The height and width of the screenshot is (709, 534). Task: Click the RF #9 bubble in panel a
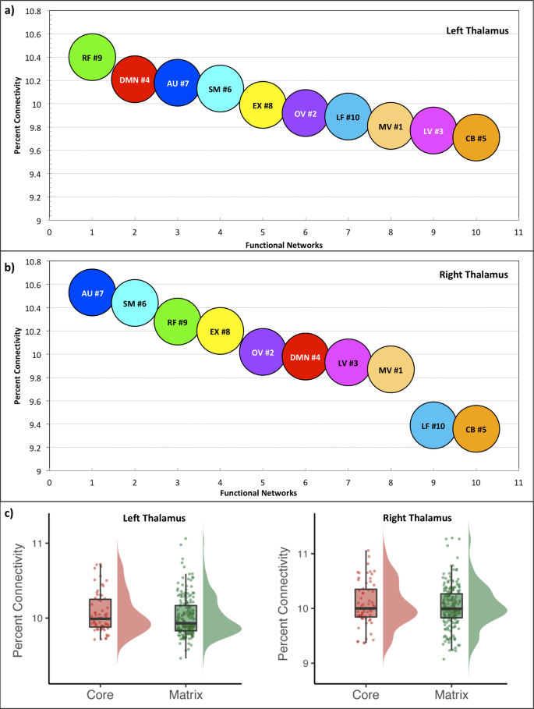tap(92, 57)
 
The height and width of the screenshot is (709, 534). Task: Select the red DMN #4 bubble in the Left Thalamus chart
tap(135, 79)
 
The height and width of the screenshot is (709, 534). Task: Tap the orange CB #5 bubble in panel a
tap(476, 138)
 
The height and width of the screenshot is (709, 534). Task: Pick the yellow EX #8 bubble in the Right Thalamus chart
tap(220, 331)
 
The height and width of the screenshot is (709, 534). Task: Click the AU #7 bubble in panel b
tap(92, 292)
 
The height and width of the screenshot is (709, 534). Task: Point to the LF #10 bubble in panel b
tap(433, 425)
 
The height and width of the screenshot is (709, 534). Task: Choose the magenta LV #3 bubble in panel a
tap(433, 131)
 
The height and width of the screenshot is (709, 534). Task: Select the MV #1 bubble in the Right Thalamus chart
tap(391, 370)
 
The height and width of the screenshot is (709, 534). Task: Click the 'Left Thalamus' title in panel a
tap(472, 31)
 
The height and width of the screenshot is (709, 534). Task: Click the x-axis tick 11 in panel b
tap(518, 483)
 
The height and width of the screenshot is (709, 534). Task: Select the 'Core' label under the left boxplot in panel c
tap(100, 694)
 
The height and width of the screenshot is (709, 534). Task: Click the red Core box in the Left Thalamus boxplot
tap(100, 613)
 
